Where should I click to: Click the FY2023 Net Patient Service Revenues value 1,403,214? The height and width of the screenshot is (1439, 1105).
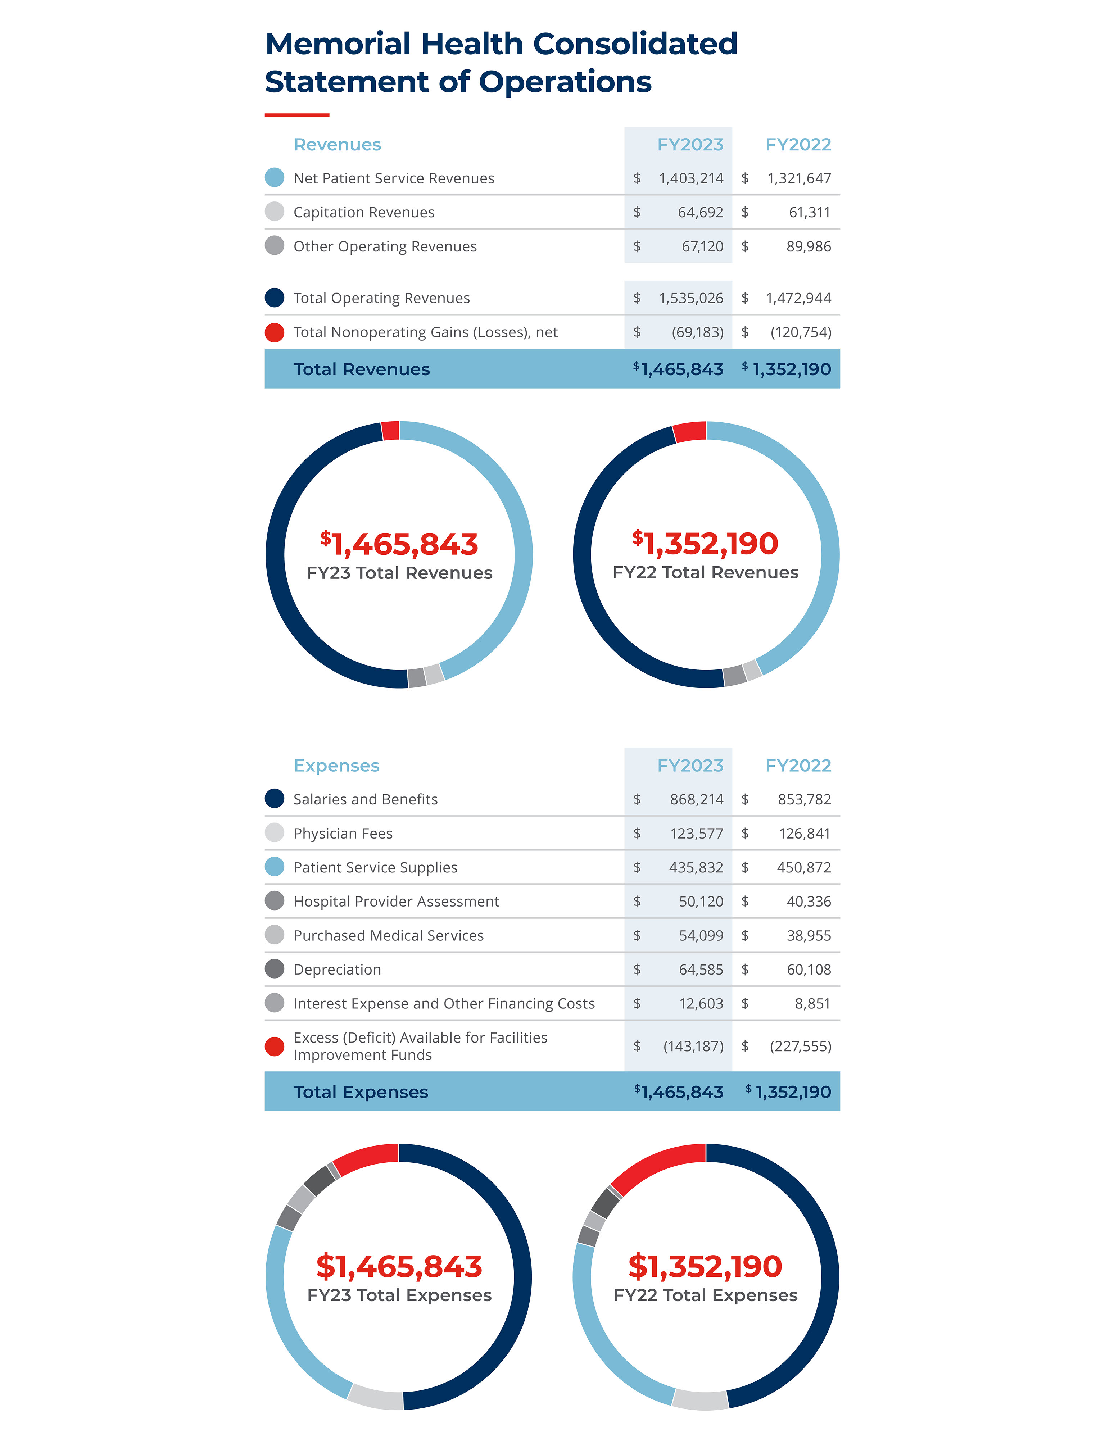pyautogui.click(x=690, y=178)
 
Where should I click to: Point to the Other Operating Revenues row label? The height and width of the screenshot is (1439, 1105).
pyautogui.click(x=385, y=247)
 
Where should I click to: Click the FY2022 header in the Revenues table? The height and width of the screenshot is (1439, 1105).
pyautogui.click(x=798, y=145)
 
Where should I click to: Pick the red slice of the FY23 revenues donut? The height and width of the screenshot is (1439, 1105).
pyautogui.click(x=390, y=431)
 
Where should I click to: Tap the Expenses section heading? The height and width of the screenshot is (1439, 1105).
pyautogui.click(x=336, y=766)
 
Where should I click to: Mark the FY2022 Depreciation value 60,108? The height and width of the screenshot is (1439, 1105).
pyautogui.click(x=809, y=970)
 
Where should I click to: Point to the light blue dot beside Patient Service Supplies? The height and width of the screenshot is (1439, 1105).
pyautogui.click(x=274, y=867)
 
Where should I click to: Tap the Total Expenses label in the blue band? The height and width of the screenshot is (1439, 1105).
pyautogui.click(x=361, y=1092)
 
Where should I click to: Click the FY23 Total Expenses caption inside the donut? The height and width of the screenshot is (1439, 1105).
pyautogui.click(x=399, y=1295)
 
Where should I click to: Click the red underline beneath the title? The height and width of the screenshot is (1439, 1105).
pyautogui.click(x=296, y=115)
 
